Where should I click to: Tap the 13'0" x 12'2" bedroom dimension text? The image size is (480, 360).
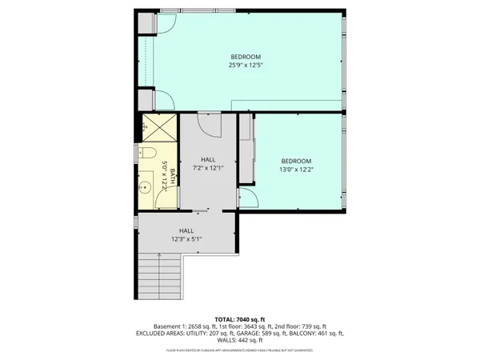[296, 170]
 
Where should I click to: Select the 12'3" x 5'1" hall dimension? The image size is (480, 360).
[186, 238]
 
